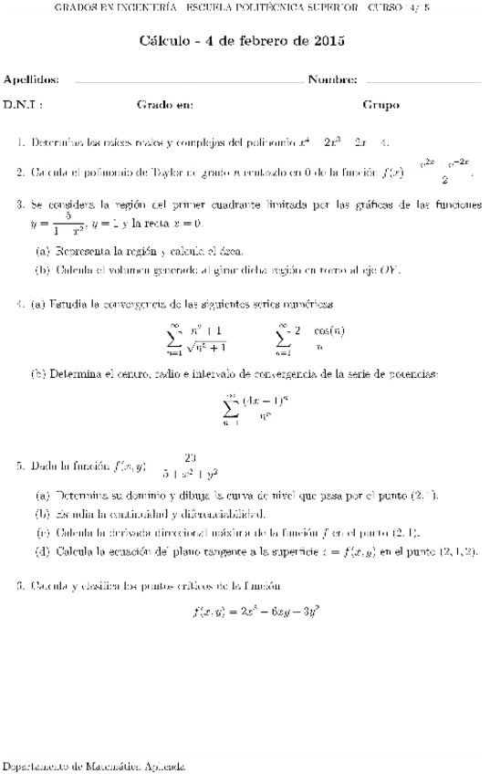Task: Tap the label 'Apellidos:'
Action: tap(31, 80)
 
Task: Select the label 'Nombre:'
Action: tap(332, 80)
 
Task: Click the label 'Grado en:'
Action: tap(165, 105)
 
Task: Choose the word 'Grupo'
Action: tap(381, 105)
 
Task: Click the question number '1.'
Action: tap(21, 142)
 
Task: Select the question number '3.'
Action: tap(21, 205)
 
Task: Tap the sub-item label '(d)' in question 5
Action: tap(42, 551)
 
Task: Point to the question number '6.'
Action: tap(21, 584)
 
